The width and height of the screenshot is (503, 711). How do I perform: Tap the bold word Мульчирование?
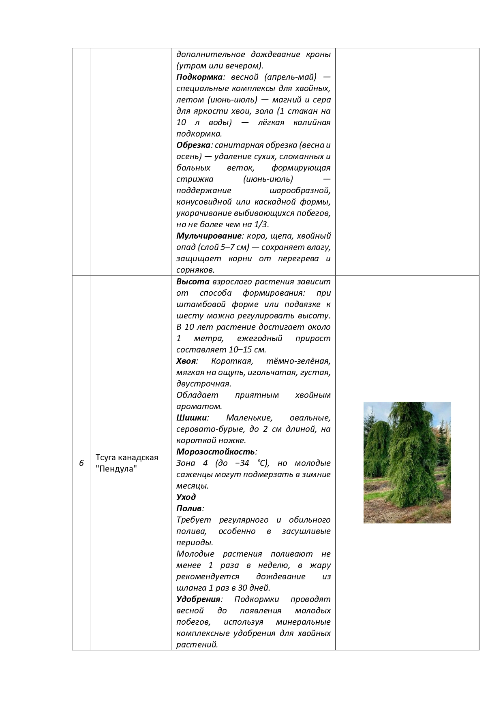(x=209, y=236)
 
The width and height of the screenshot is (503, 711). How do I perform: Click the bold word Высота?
(x=193, y=282)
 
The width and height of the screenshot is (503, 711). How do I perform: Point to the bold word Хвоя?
(x=186, y=361)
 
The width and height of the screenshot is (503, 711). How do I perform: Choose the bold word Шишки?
(x=192, y=418)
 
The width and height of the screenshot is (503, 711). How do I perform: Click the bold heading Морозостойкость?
(x=216, y=452)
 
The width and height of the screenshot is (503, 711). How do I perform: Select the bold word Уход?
(x=186, y=497)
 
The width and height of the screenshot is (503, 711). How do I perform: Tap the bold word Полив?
(x=189, y=508)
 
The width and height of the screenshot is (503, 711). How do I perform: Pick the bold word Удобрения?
(x=198, y=599)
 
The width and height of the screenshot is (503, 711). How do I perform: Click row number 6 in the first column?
(x=81, y=463)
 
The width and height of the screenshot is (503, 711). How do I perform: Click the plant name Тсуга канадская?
(x=127, y=457)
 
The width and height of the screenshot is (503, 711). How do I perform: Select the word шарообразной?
(x=300, y=190)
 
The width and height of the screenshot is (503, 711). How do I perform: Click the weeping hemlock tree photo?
(x=407, y=462)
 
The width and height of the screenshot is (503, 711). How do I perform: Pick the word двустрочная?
(x=203, y=384)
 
